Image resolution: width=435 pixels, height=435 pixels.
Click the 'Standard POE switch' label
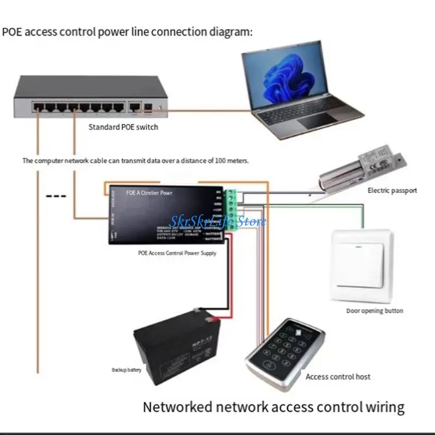[x=123, y=127]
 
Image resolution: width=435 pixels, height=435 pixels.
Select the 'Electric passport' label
[x=392, y=190]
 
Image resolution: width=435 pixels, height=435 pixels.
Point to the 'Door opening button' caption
[x=375, y=311]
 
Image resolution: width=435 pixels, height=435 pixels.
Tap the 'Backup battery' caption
[x=127, y=370]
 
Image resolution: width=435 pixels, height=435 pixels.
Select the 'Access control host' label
[x=338, y=376]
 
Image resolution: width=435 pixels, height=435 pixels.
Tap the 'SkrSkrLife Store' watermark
[x=218, y=221]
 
